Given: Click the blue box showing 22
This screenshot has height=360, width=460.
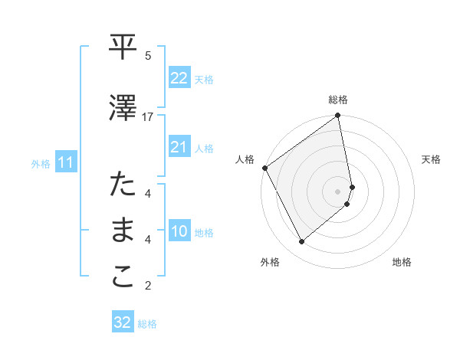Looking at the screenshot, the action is pos(179,78).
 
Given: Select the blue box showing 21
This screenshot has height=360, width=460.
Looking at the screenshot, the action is pos(179,147).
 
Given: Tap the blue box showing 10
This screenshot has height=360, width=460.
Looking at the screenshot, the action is pos(179,231).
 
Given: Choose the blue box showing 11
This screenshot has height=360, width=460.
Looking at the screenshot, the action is pos(66,162).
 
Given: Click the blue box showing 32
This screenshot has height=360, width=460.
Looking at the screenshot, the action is pos(123,322).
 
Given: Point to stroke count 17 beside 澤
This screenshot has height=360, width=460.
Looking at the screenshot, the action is pos(148,116).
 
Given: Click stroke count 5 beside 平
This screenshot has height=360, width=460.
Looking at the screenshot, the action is pos(148,55).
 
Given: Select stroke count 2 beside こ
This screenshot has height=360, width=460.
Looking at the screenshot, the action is pos(148,286).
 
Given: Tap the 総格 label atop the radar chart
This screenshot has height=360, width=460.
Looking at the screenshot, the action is pos(338,100).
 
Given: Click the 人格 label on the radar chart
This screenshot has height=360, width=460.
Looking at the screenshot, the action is pos(245,159).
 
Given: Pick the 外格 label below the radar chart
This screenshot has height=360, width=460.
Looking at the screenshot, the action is pos(270,263).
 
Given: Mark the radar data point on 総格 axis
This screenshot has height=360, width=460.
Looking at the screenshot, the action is pos(338,116).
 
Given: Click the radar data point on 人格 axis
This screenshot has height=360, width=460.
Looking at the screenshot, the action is pos(264,168).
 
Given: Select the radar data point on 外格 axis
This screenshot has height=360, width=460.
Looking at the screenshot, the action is pos(301,242).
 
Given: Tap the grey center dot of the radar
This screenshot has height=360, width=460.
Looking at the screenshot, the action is pos(338,191).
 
